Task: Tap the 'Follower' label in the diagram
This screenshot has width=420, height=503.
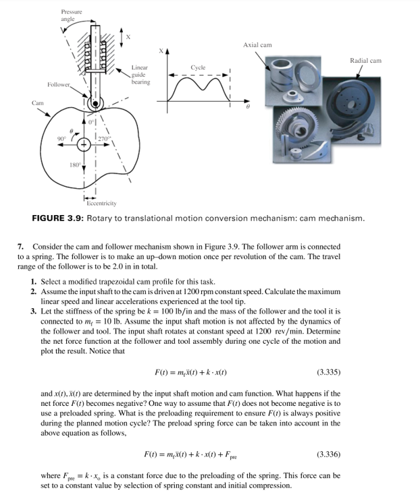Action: click(60, 84)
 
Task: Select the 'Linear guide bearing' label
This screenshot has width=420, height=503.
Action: click(140, 75)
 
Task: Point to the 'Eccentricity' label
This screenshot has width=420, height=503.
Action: click(99, 202)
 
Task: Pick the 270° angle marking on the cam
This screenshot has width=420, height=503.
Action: click(104, 138)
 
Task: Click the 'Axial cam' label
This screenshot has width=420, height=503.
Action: click(257, 45)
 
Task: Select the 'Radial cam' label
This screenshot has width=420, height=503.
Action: click(365, 61)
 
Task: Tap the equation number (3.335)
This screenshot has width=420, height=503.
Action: click(327, 372)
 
